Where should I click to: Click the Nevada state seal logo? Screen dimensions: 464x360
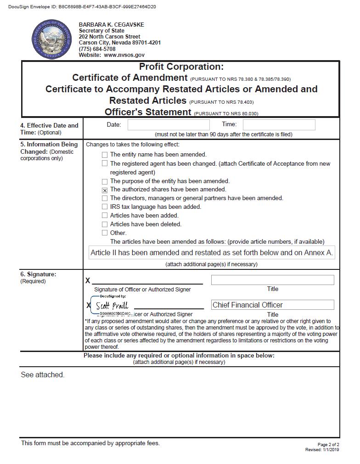[52, 39]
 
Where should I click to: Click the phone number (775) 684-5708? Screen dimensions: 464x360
[97, 49]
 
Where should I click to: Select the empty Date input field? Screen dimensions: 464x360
[168, 125]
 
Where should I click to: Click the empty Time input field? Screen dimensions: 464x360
[279, 125]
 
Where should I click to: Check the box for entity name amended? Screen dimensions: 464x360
[105, 155]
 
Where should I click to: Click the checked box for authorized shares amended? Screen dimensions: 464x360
[105, 190]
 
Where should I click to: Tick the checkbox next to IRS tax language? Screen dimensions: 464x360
[105, 207]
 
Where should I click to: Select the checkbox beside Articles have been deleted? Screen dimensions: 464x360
[105, 224]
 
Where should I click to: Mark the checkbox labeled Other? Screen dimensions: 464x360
[105, 233]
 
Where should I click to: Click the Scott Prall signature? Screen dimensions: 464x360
[112, 306]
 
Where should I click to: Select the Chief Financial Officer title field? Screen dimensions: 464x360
[272, 305]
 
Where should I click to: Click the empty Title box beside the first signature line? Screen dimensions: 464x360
[272, 280]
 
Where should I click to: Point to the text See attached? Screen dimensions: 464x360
[43, 375]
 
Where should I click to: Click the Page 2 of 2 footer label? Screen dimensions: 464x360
[328, 445]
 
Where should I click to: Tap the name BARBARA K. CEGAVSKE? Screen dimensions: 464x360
[111, 25]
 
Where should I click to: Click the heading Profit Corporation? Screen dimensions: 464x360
[181, 67]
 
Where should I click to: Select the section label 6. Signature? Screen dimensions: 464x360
[38, 274]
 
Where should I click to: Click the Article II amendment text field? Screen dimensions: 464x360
[211, 253]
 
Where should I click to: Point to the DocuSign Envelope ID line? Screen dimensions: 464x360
[82, 7]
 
